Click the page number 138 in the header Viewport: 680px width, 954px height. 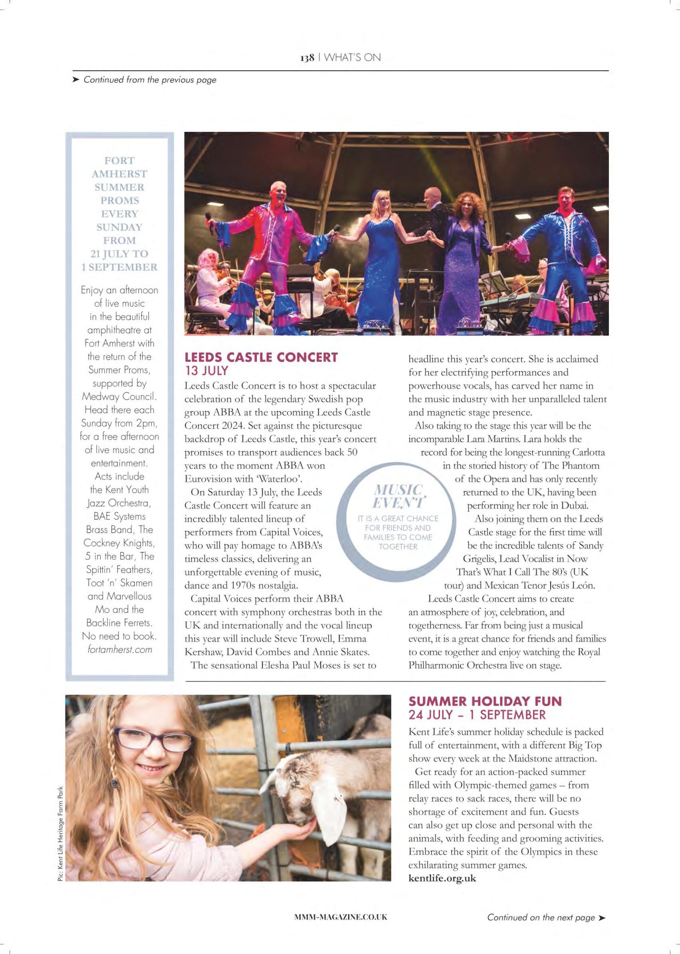click(307, 58)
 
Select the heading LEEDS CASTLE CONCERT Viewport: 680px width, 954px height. click(261, 358)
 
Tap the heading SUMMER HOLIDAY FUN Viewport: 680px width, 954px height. click(485, 701)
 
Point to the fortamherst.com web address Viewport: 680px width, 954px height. click(119, 650)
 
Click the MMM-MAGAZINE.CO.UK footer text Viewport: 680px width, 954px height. click(341, 917)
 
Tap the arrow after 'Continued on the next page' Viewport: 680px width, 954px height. click(602, 918)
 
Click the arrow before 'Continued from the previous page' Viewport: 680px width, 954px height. click(76, 79)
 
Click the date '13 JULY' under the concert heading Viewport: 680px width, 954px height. click(206, 370)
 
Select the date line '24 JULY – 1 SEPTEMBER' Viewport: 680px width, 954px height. click(477, 714)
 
